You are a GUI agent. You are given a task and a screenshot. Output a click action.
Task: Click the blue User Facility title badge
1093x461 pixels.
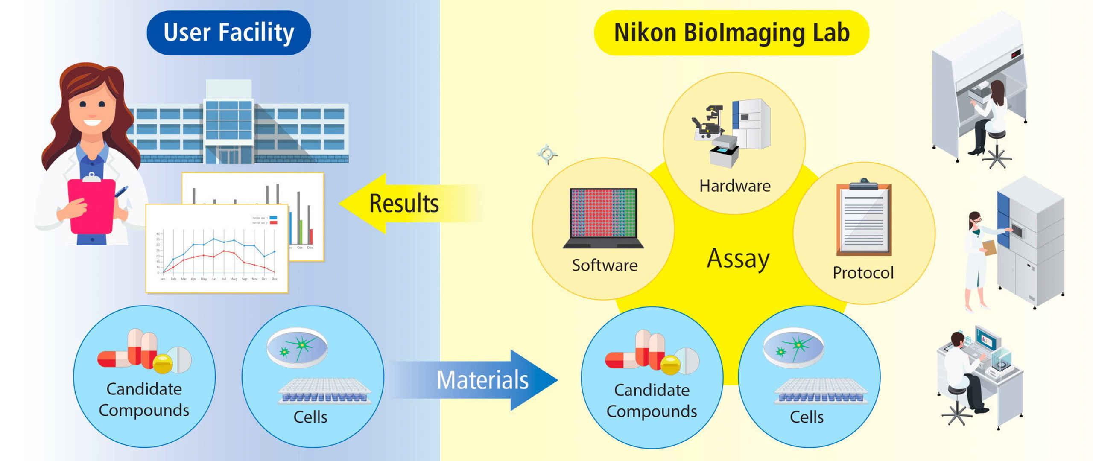point(228,33)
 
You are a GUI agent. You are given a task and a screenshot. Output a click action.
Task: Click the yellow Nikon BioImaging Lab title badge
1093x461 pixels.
point(731,33)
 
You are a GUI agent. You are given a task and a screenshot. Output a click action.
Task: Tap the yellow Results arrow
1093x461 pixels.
point(403,203)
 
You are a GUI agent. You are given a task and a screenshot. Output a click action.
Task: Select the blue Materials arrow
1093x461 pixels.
point(482,380)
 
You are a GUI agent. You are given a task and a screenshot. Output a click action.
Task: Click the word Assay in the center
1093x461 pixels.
point(738,259)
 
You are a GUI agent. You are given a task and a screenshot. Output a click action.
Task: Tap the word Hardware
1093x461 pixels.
point(735,186)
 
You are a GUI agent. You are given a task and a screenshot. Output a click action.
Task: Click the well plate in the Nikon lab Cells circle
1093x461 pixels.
point(821,392)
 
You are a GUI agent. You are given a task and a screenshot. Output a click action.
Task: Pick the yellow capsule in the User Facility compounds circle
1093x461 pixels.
point(163,363)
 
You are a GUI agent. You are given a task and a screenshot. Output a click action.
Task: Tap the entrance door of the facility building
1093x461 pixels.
point(228,155)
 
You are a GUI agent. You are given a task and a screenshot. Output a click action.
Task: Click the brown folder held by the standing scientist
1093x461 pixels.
point(990,248)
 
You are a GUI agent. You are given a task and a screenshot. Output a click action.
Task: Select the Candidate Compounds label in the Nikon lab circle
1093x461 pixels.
point(652,401)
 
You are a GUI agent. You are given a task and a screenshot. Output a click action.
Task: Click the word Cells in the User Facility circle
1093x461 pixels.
point(310,417)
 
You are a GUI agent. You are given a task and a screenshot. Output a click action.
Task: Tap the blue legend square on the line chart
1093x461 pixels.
point(273,218)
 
